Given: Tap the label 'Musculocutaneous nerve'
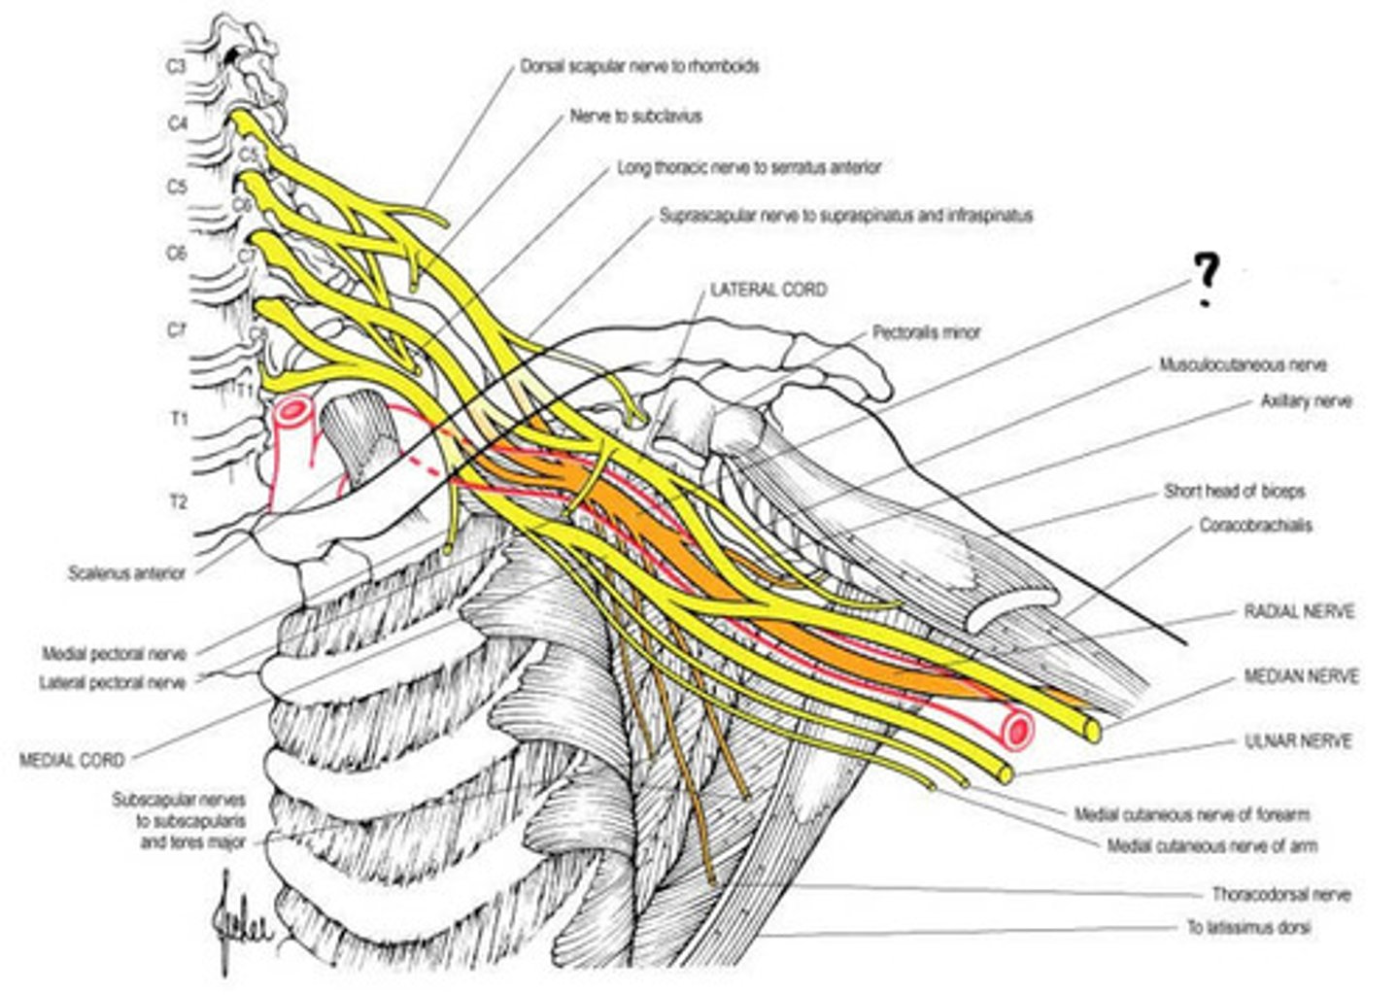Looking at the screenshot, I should click(x=1243, y=365).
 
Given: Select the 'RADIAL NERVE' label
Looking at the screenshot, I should click(x=1299, y=612).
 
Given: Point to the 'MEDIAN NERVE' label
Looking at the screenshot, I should click(x=1301, y=676).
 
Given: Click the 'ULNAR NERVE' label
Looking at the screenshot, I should click(x=1298, y=741).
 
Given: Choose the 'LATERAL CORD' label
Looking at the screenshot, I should click(x=768, y=290).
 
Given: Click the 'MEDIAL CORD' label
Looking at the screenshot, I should click(x=72, y=759).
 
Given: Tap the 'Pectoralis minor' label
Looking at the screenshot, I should click(x=926, y=332).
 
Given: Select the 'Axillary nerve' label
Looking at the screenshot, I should click(x=1306, y=400).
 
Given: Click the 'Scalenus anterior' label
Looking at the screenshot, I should click(x=126, y=573).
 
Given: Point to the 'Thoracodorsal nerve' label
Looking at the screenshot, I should click(x=1280, y=894).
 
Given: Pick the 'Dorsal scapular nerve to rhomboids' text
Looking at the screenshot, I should click(x=639, y=67).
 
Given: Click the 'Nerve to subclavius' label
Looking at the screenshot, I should click(x=635, y=117).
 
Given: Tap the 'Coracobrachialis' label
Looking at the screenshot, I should click(x=1255, y=526).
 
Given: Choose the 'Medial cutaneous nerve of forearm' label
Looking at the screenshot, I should click(x=1191, y=814).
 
